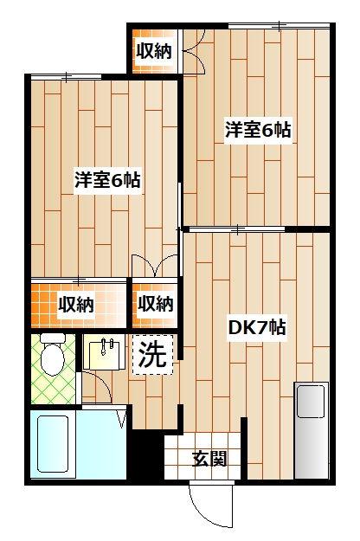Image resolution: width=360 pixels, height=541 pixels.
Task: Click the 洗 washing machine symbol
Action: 151,354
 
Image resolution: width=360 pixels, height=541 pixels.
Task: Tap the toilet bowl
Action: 53,359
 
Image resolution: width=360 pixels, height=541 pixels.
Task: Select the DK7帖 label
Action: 257,328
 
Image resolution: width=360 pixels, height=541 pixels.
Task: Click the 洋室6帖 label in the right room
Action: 258,131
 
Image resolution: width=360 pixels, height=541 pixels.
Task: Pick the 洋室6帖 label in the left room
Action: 107,182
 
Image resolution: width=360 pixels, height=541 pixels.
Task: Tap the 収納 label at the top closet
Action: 154,51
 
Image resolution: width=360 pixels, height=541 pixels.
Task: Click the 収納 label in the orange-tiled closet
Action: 76,304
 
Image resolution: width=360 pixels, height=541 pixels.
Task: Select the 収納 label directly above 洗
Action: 155,304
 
